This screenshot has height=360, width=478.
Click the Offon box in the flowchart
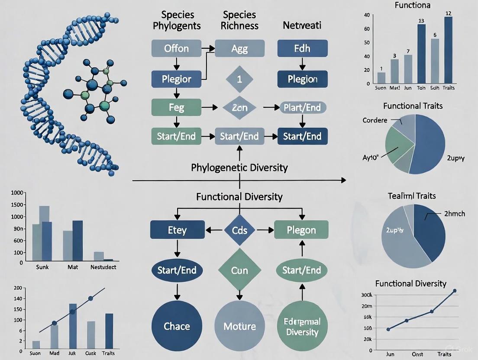click(177, 48)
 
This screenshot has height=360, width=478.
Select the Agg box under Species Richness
click(239, 48)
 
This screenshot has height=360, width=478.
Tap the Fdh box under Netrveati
click(302, 48)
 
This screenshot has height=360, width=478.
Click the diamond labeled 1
click(239, 79)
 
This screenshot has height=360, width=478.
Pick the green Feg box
click(176, 107)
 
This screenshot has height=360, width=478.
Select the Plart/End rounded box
click(302, 107)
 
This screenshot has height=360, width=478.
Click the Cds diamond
click(239, 230)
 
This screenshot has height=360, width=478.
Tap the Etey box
click(177, 230)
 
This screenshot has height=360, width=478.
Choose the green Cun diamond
click(239, 270)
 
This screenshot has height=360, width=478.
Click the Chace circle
click(177, 326)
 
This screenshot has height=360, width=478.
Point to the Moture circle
click(239, 326)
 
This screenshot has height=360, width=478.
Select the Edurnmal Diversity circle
click(302, 327)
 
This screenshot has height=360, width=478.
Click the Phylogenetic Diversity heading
click(239, 167)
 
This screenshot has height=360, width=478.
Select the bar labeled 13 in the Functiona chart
click(421, 54)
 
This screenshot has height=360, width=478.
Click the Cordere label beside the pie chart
click(375, 120)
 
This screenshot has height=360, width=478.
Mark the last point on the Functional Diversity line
click(454, 291)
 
